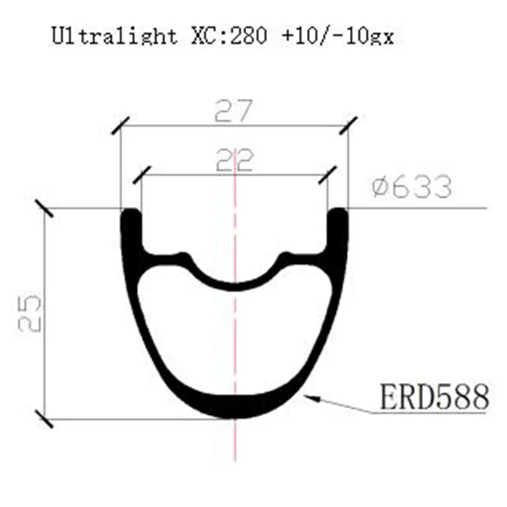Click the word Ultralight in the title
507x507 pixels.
point(115,35)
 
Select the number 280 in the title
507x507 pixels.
point(248,35)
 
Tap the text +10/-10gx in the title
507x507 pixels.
point(338,35)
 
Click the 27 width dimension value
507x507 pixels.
point(233,110)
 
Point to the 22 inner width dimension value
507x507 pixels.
point(234,160)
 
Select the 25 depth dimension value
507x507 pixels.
point(30,312)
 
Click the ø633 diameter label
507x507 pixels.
point(411,186)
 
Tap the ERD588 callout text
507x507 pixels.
point(434,397)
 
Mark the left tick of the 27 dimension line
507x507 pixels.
point(120,125)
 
